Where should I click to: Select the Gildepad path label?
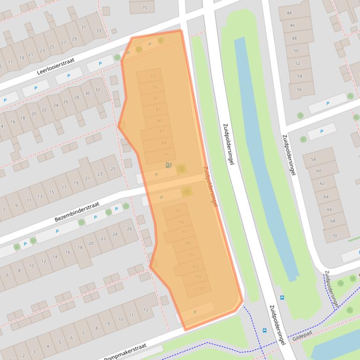point(302,336)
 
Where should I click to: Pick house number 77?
point(152,76)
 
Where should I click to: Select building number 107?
point(201,288)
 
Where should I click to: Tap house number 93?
point(178,211)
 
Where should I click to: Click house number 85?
point(160,121)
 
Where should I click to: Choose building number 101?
point(191,255)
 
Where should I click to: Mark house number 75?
point(144,7)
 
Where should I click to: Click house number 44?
point(289,13)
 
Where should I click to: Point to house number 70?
point(334,236)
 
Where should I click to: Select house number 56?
point(299,89)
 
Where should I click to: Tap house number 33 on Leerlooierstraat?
point(98,31)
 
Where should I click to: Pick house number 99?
point(188,243)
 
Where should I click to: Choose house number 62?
point(322,183)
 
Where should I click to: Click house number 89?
point(164,143)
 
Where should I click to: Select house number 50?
point(295,51)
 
